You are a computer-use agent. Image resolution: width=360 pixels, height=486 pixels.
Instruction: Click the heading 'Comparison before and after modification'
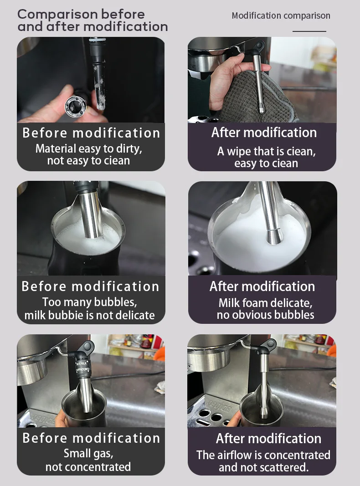click(x=93, y=20)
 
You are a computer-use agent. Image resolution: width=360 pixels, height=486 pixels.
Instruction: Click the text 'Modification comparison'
click(x=281, y=15)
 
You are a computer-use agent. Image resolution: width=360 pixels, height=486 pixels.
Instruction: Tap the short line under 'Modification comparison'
click(x=309, y=31)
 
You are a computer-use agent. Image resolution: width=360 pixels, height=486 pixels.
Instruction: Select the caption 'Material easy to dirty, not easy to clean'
click(x=89, y=154)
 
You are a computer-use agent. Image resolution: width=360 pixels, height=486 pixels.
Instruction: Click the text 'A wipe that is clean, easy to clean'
click(x=267, y=157)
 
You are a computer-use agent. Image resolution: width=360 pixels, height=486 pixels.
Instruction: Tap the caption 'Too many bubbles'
click(x=89, y=302)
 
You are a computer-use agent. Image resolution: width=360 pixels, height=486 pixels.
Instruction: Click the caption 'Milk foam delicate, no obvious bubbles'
click(x=265, y=309)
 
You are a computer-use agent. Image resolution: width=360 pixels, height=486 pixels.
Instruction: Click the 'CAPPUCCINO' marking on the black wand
click(x=82, y=370)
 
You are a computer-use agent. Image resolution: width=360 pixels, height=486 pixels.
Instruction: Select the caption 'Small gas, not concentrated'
click(x=88, y=460)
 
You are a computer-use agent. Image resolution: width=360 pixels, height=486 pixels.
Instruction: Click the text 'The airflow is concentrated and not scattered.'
click(x=263, y=461)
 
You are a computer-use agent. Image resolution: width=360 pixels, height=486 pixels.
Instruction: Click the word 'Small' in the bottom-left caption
click(x=76, y=454)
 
